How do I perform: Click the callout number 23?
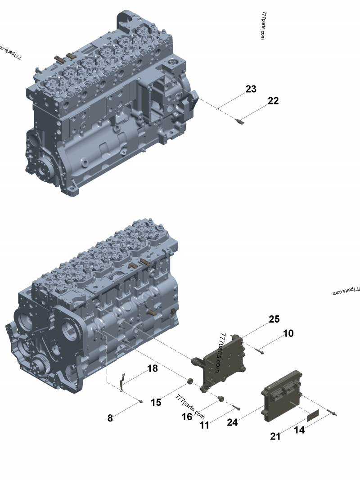coord(251,89)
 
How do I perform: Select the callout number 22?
coord(273,101)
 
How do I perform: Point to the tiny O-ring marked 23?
coord(218,108)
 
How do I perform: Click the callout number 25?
coord(274,319)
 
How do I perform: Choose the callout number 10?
coord(288,333)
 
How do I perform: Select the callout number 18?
coord(153,369)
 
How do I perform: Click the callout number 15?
coord(156,402)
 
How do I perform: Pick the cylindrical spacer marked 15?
coord(190,383)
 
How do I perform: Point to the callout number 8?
coord(110,418)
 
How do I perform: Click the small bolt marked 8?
coord(141,401)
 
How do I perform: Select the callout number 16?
coord(187,417)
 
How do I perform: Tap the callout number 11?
coord(205,425)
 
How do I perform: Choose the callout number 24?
coord(232,422)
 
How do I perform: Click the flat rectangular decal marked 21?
coord(313,416)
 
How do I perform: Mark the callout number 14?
coord(299,430)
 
